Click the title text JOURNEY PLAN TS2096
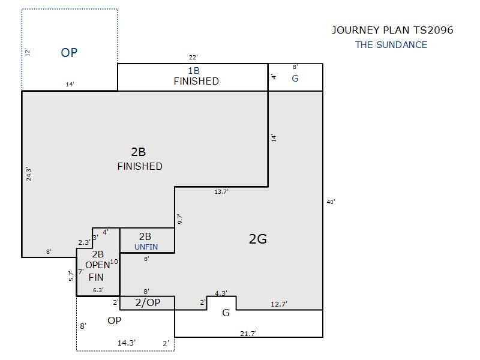(392, 30)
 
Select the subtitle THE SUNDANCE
(391, 44)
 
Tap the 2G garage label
(258, 239)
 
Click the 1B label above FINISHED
(194, 71)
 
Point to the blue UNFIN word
(146, 247)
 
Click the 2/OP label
(148, 302)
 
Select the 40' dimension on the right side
(331, 202)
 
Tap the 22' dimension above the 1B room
(193, 57)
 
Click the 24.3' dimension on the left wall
(28, 174)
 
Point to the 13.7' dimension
(221, 191)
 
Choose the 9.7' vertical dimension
(179, 219)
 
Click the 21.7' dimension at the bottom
(248, 334)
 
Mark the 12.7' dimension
(279, 304)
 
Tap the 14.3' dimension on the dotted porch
(127, 343)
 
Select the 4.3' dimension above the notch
(221, 293)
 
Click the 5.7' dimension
(71, 276)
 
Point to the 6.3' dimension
(98, 290)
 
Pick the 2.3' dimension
(84, 242)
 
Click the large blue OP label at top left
(69, 53)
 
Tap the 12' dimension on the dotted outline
(27, 52)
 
